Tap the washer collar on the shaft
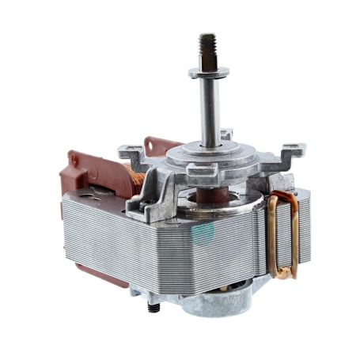tap(209, 73)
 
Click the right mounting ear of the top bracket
tap(291, 148)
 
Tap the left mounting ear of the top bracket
tap(127, 150)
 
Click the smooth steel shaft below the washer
tap(208, 111)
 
